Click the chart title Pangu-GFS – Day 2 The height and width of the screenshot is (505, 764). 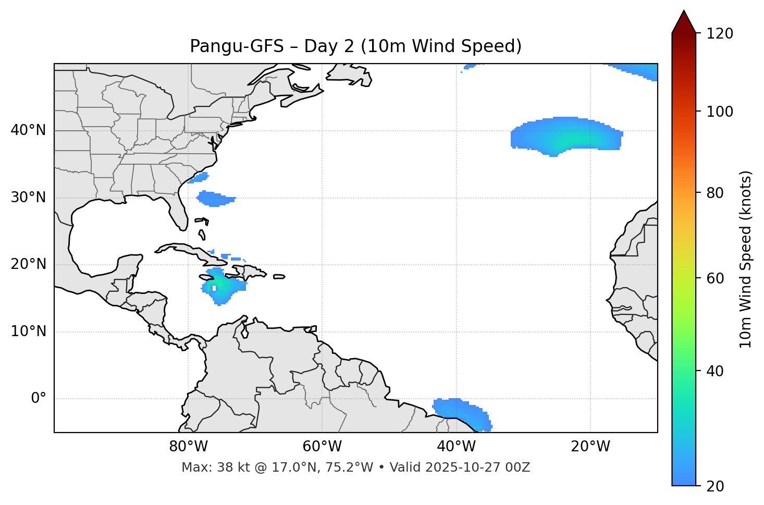click(355, 46)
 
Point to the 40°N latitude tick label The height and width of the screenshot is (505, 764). click(28, 130)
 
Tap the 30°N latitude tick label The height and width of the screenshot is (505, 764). click(28, 198)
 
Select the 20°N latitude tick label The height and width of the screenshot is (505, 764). click(28, 264)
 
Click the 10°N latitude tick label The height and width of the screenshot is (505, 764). click(28, 331)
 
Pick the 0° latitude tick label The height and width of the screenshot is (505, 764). click(39, 399)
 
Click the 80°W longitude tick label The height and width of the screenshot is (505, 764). click(188, 447)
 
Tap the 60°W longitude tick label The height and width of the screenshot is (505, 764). click(322, 447)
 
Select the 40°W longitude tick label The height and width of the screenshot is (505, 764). click(456, 447)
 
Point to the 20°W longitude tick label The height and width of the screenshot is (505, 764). click(590, 447)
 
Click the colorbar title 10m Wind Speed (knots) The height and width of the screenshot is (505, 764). click(746, 259)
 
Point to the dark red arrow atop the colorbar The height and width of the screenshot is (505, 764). click(684, 22)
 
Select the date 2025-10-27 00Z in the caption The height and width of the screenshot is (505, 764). click(478, 467)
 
